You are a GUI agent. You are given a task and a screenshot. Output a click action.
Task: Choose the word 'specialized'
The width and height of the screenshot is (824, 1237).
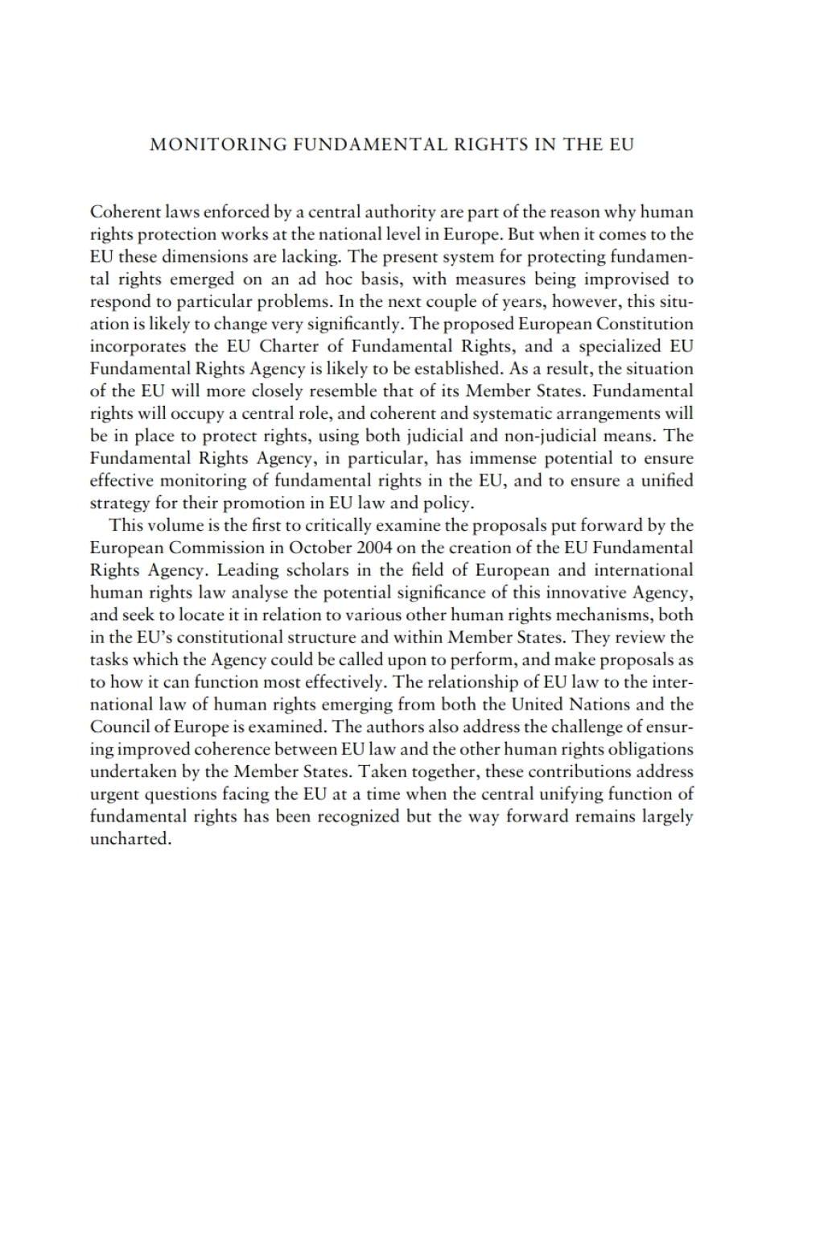(616, 347)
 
